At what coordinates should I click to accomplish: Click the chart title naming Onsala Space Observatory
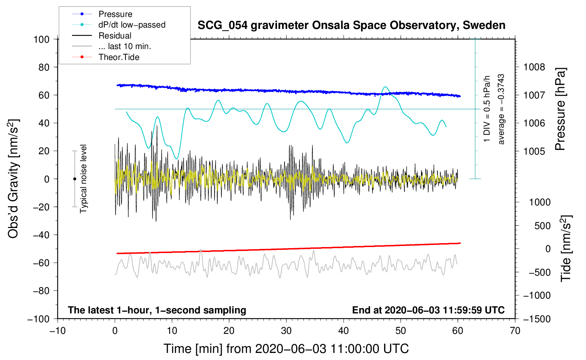(x=351, y=25)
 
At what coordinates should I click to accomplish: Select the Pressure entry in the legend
(x=115, y=14)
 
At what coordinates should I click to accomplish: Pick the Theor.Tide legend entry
(x=119, y=57)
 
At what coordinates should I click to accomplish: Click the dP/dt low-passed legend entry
(x=132, y=25)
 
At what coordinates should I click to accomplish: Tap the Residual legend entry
(x=115, y=36)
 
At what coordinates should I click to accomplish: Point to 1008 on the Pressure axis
(x=534, y=67)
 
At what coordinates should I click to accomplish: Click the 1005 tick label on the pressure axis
(x=534, y=151)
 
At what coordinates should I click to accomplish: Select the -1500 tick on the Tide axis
(x=537, y=319)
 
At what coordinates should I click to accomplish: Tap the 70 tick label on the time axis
(x=515, y=331)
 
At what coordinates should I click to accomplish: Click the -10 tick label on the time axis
(x=58, y=331)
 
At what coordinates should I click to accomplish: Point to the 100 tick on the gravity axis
(x=41, y=39)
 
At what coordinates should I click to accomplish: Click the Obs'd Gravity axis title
(x=13, y=179)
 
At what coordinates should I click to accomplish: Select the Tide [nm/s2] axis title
(x=566, y=248)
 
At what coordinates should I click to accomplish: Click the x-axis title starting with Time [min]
(x=286, y=349)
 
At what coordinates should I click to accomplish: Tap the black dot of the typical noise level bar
(x=74, y=179)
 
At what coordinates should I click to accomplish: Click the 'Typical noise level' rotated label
(x=83, y=179)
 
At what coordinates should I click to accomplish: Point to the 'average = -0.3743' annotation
(x=501, y=109)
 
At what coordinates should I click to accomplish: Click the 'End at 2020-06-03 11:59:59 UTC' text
(x=428, y=310)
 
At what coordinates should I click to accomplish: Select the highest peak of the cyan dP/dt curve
(x=385, y=87)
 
